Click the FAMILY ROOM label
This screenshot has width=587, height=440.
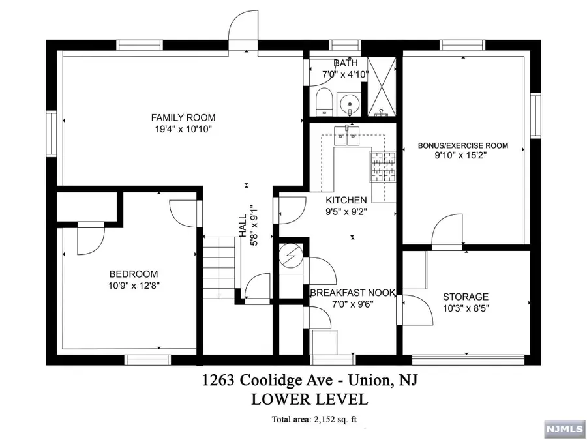pos(183,118)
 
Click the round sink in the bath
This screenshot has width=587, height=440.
pos(352,104)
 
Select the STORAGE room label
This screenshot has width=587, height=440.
pos(466,297)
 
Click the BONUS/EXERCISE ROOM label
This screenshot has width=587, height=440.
pos(463,146)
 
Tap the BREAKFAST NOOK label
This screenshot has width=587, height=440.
pos(352,293)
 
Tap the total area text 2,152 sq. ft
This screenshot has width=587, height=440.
pos(316,419)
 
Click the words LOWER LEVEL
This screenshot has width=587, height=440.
pos(309,399)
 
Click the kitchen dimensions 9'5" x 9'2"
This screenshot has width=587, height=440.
pos(346,211)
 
